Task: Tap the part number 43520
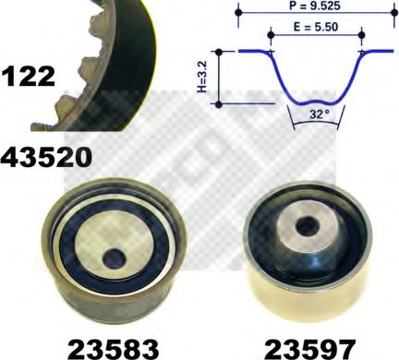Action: point(46,156)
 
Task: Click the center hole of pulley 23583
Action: point(114,259)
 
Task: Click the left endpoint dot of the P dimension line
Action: point(238,13)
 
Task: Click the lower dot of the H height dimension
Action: point(219,104)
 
